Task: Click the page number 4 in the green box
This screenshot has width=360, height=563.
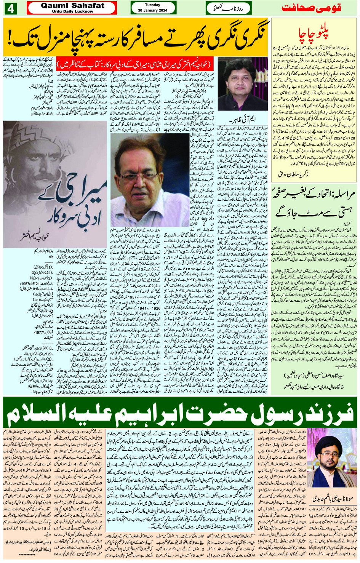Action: pyautogui.click(x=10, y=8)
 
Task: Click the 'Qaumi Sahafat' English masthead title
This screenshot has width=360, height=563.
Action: pyautogui.click(x=72, y=5)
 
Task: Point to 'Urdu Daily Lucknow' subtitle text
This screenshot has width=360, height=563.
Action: pyautogui.click(x=72, y=11)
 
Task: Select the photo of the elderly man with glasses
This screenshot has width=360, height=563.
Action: pyautogui.click(x=150, y=180)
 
